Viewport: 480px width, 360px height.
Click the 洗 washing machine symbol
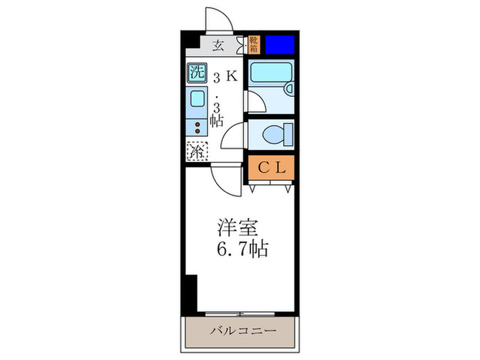197,71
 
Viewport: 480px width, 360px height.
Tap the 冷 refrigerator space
197,151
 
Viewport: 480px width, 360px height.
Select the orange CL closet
271,168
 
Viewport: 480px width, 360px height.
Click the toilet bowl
278,134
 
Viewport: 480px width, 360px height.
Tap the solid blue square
280,45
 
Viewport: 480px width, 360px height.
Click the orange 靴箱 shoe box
254,45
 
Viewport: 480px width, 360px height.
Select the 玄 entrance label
218,47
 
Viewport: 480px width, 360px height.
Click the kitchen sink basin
197,98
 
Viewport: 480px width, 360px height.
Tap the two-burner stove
197,127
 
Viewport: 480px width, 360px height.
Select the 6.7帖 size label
244,248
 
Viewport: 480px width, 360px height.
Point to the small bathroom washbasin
289,88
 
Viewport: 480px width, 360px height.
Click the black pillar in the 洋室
189,291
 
